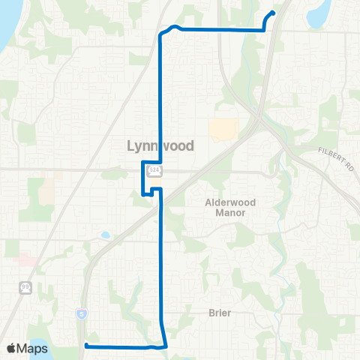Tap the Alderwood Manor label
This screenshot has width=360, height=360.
(x=232, y=208)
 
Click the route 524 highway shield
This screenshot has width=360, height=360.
(x=154, y=171)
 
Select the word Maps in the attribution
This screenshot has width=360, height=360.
(x=34, y=348)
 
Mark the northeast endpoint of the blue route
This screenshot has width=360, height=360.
(x=272, y=12)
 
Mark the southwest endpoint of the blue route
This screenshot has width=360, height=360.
(x=85, y=345)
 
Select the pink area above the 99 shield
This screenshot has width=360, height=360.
(x=26, y=260)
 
